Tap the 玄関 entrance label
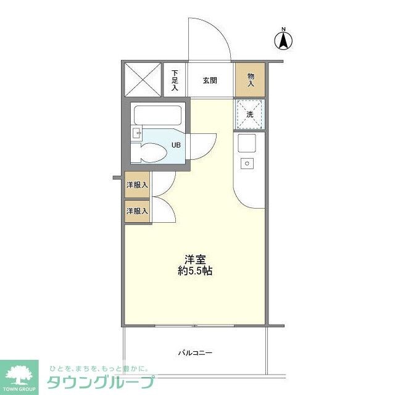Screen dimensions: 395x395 [210, 80]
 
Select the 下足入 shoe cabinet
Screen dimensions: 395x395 [175, 80]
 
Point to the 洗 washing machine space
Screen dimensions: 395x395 [250, 114]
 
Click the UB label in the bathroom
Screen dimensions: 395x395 [176, 146]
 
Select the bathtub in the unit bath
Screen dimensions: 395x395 [157, 115]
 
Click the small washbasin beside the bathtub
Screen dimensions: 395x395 [137, 131]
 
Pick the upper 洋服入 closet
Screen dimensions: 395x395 [137, 185]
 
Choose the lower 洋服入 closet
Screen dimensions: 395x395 [137, 211]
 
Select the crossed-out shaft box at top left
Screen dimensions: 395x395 [143, 80]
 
